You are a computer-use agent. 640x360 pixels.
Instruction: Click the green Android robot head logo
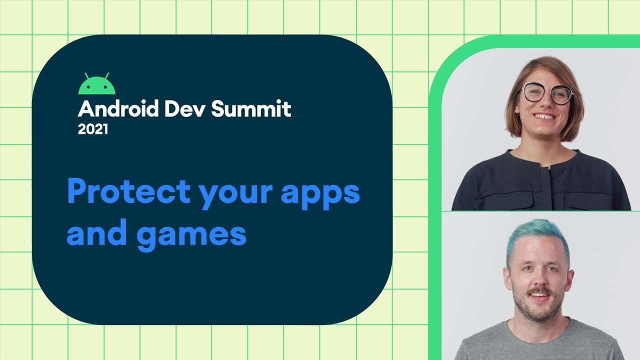[96, 86]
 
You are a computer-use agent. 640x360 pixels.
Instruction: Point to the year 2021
[92, 129]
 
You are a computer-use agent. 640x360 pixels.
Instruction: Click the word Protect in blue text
[128, 191]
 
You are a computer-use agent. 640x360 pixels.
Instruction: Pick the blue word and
[95, 233]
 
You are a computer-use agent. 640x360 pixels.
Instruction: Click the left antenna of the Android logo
[86, 75]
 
